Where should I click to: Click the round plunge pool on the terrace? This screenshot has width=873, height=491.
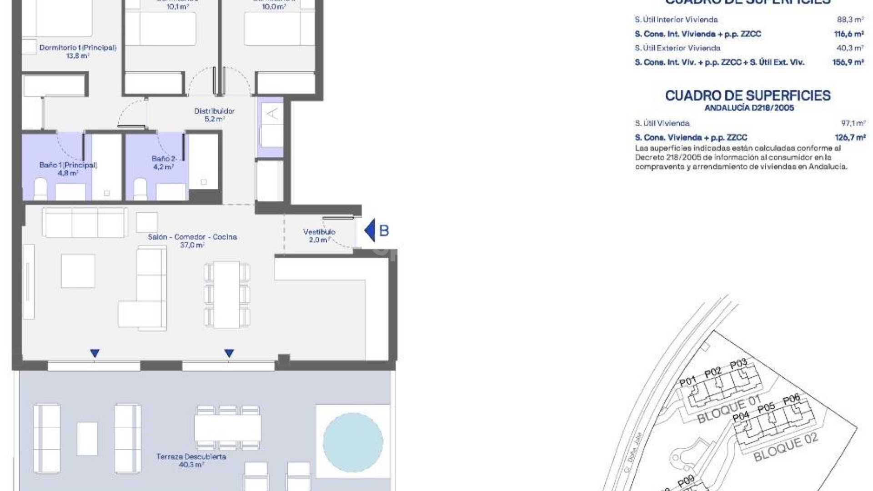353,442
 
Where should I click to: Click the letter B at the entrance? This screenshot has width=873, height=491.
384,231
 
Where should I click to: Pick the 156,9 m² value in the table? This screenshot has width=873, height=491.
848,62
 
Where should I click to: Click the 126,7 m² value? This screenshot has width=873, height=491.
850,137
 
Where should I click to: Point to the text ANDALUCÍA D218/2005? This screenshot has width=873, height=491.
749,108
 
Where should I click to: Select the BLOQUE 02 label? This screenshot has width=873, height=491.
786,447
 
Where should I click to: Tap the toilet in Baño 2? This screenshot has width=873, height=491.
140,189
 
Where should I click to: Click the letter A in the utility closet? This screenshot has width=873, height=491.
272,113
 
